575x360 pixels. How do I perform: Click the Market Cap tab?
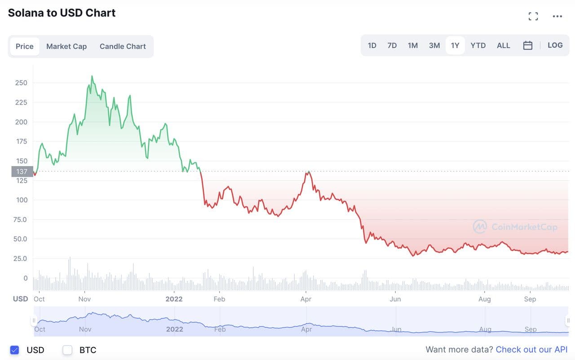(66, 46)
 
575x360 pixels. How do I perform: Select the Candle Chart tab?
(123, 46)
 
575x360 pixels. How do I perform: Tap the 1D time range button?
(372, 45)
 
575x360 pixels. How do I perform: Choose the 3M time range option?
(434, 45)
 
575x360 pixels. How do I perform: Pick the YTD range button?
(478, 45)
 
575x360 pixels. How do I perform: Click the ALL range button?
(503, 45)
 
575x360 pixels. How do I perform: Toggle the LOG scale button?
(555, 45)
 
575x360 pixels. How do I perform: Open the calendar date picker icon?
(528, 45)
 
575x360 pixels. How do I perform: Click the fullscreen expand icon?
(533, 17)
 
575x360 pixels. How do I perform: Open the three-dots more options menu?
(557, 17)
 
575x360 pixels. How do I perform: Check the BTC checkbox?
(67, 350)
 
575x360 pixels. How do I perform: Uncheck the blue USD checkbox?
(14, 350)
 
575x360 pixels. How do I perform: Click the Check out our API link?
(531, 350)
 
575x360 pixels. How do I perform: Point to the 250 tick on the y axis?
(21, 83)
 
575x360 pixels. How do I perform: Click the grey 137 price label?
(22, 171)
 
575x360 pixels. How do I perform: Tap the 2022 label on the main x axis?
(174, 299)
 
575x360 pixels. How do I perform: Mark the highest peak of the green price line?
(92, 76)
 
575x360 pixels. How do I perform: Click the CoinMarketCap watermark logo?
(480, 227)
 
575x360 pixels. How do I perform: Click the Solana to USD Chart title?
(62, 13)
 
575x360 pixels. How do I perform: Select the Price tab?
(25, 46)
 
